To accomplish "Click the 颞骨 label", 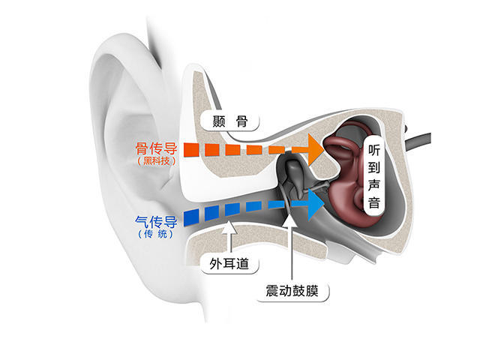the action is click(x=229, y=121).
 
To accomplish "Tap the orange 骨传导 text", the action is click(x=157, y=148).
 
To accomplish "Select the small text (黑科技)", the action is click(x=157, y=161).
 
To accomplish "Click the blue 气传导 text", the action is click(x=157, y=222).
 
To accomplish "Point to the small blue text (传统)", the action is click(x=156, y=234).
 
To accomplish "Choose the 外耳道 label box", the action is click(x=229, y=263).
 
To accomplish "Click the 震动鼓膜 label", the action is click(x=292, y=290).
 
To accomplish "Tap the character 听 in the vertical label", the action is click(x=374, y=150).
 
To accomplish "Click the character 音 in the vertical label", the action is click(x=374, y=203).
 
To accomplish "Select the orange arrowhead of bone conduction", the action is click(x=315, y=149).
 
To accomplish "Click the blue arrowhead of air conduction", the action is click(x=315, y=204).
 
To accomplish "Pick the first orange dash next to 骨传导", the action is click(x=192, y=150).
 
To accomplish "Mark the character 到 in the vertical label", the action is click(x=374, y=168).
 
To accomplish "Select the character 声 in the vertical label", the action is click(x=374, y=185).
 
